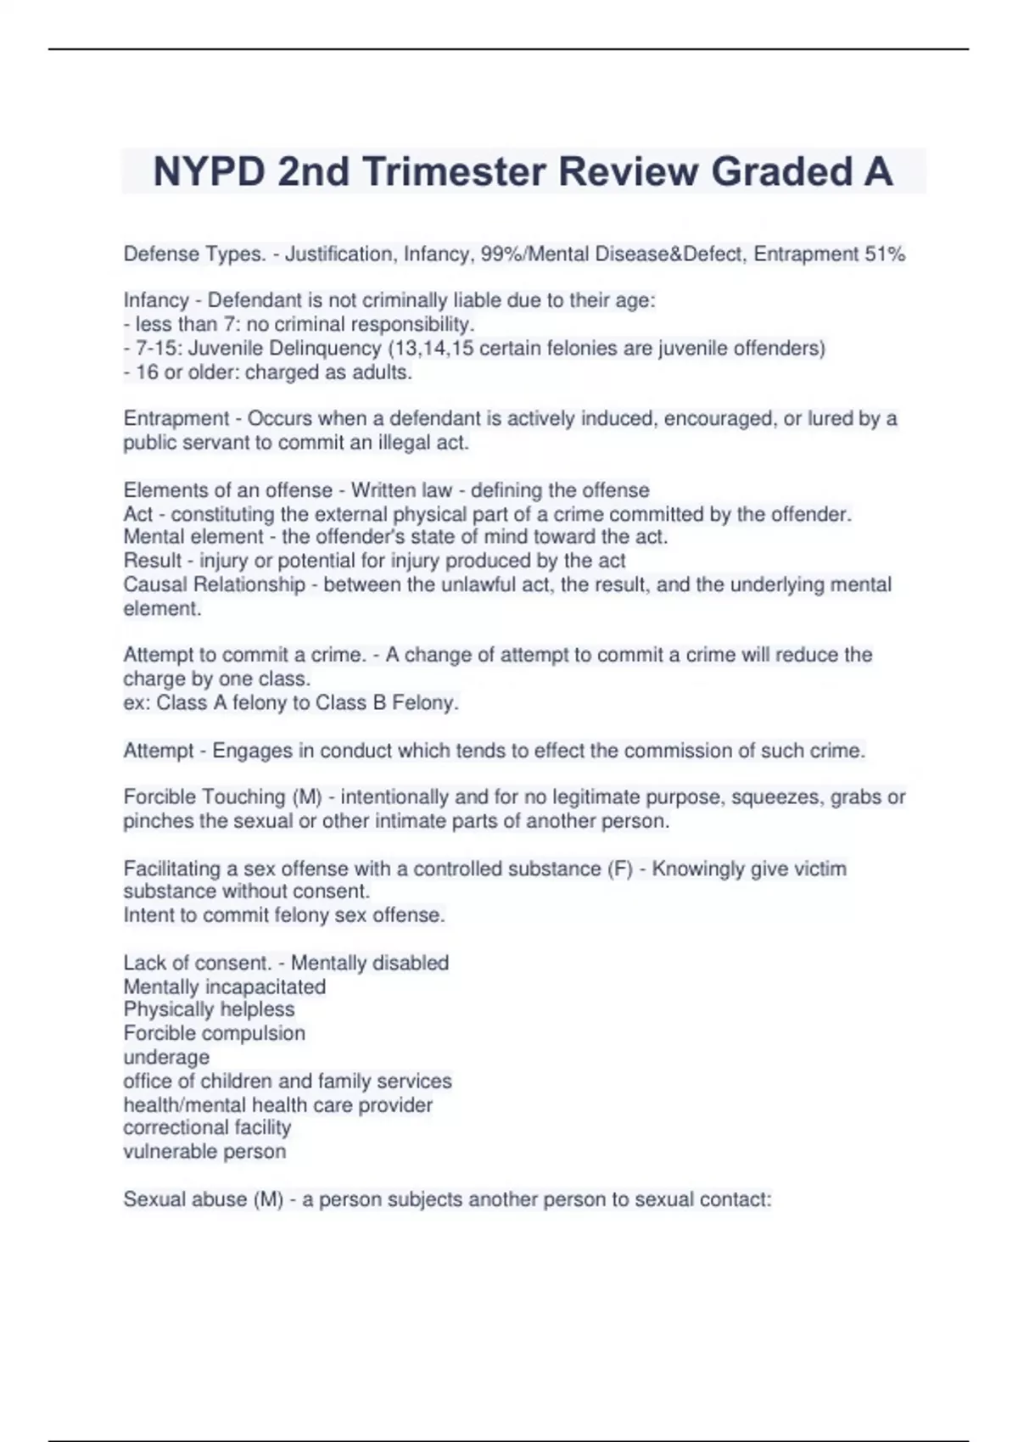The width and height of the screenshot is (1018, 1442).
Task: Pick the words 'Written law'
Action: [x=401, y=490]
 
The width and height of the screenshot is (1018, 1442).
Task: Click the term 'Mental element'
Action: [x=193, y=537]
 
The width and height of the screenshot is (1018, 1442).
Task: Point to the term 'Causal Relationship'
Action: [x=214, y=584]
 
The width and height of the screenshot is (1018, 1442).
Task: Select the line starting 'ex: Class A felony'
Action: [x=290, y=703]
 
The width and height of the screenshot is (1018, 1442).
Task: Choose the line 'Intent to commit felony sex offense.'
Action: [x=283, y=915]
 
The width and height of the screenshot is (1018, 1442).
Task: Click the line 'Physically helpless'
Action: [x=209, y=1009]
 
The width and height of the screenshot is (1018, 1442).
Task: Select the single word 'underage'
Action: [x=166, y=1057]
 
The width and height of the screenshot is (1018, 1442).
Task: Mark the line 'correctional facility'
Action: [x=207, y=1127]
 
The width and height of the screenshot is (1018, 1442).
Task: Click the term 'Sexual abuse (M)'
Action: [x=203, y=1199]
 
